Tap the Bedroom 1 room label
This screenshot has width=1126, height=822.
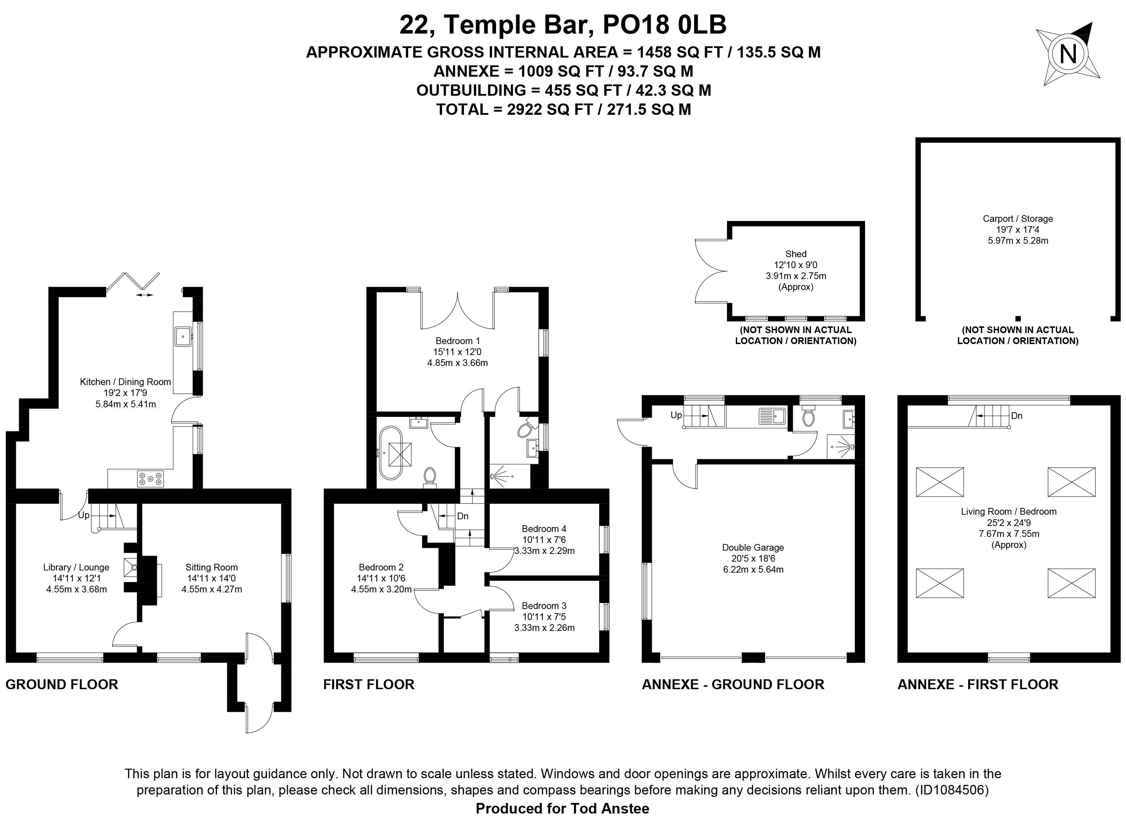point(458,341)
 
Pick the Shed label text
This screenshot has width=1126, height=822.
point(796,254)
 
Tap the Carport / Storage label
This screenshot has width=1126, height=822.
point(1018,218)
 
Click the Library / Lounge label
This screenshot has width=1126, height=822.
point(76,567)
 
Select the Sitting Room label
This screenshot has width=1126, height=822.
point(212,567)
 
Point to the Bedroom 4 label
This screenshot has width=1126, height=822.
point(544,529)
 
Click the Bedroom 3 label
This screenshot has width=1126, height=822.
point(544,605)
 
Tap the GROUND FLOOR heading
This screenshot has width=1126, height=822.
point(62,684)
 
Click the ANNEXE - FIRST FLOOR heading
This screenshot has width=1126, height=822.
point(978,684)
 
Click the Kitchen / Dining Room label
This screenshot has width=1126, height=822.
point(125,382)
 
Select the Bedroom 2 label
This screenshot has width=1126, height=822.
point(381,567)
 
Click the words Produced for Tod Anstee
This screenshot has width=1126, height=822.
point(562,809)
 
